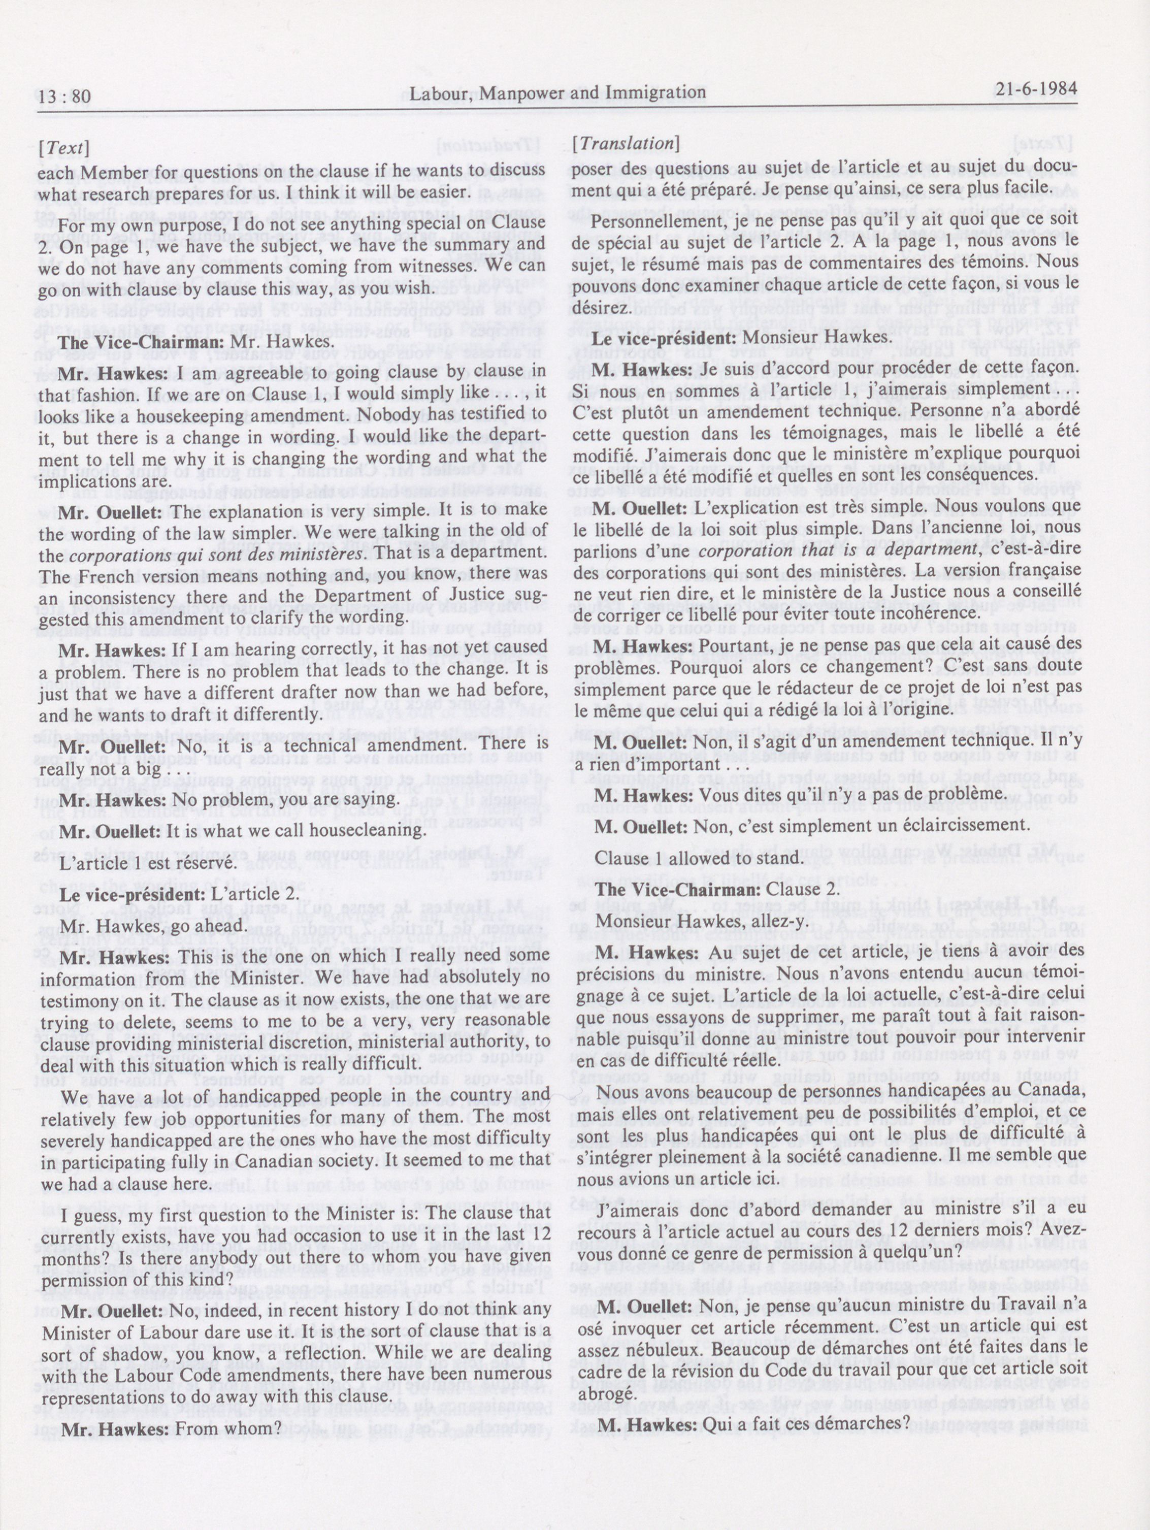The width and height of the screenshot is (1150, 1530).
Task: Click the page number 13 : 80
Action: tap(65, 95)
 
